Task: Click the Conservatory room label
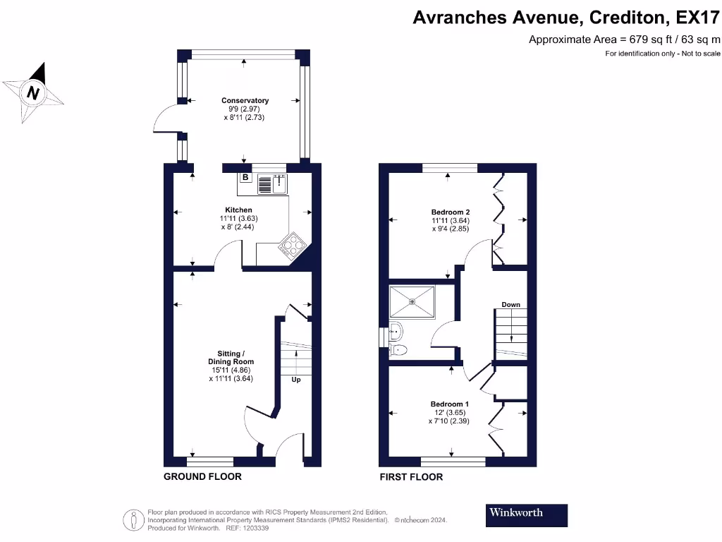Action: tap(245, 100)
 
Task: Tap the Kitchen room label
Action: tap(238, 210)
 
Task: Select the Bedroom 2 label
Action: tap(451, 212)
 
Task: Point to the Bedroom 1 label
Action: tap(449, 404)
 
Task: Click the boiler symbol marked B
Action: tap(245, 177)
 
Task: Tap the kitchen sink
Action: tap(272, 184)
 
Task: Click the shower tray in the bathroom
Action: tap(412, 302)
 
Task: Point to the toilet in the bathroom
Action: tap(398, 350)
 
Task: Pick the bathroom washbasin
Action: tap(396, 331)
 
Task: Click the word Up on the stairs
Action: tap(296, 379)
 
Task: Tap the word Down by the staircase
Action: tap(510, 305)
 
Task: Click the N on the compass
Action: tap(32, 92)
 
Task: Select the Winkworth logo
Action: tap(526, 515)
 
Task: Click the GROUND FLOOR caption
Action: tap(202, 476)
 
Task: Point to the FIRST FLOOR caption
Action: tap(411, 477)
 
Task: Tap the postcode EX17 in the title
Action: tap(697, 18)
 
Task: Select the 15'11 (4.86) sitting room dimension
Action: tap(231, 370)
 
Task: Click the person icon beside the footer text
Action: tap(134, 520)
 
